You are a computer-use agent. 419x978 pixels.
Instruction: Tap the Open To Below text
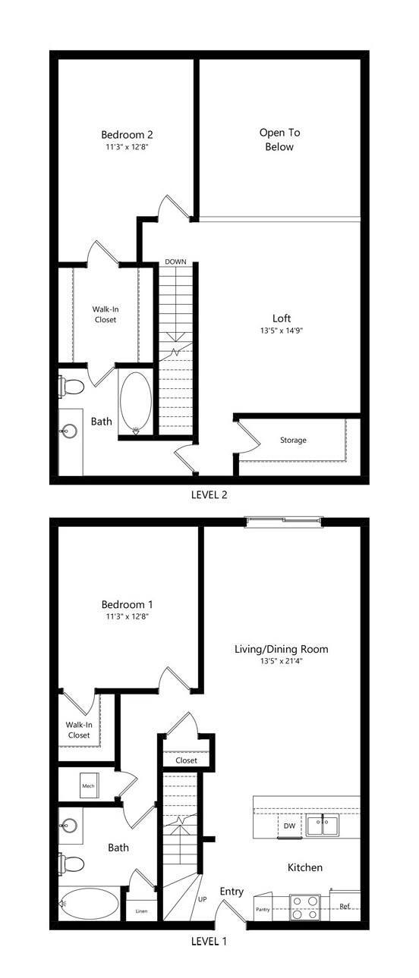pos(279,139)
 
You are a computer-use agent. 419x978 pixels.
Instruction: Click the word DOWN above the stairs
pos(175,262)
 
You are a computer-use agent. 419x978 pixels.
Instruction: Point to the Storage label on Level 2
pos(293,440)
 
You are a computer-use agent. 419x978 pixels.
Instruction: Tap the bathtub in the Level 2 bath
pos(136,403)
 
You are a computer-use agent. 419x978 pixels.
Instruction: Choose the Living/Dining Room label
pos(282,649)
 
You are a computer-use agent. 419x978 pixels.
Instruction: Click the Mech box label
pos(88,787)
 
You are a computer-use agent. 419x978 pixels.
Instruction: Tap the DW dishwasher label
pos(289,825)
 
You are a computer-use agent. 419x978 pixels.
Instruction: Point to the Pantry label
pos(263,910)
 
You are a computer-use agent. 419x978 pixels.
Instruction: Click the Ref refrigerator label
pos(345,906)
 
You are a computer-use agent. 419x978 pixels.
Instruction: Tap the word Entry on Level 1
pos(232,892)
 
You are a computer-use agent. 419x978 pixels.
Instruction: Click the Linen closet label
pos(141,911)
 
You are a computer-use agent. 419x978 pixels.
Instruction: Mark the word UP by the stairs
pos(202,899)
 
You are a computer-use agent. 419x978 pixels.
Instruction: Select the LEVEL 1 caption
pos(208,942)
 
